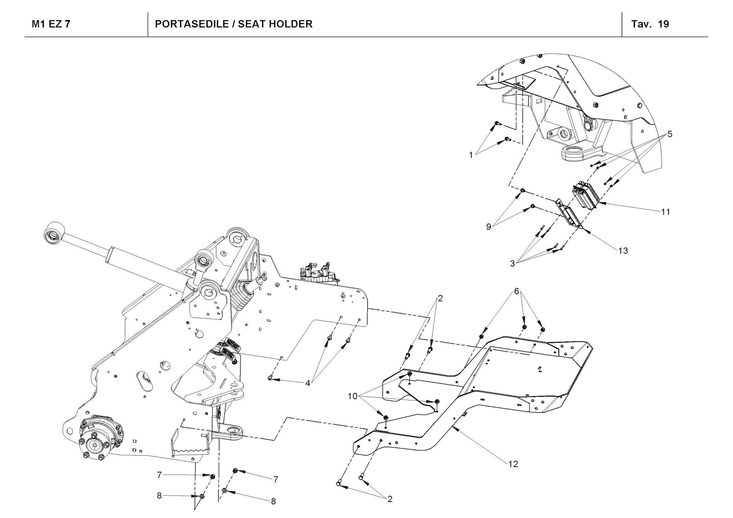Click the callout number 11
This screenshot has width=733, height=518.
tap(666, 212)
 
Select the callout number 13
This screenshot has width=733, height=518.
tap(623, 251)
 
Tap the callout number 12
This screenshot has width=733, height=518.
tap(513, 464)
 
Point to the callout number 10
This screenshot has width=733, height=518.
tap(353, 396)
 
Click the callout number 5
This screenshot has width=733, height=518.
tap(670, 134)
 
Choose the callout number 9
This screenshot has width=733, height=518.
tap(489, 227)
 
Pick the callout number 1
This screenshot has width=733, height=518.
tap(471, 155)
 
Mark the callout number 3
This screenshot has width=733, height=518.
tap(512, 263)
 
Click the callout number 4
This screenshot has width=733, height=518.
tap(308, 383)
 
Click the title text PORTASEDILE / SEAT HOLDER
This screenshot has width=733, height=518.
tap(233, 24)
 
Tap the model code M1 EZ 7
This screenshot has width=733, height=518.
tap(51, 24)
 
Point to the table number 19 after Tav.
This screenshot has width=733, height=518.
tap(663, 24)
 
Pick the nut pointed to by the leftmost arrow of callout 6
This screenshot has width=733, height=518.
tap(482, 336)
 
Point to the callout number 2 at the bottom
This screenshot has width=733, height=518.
tap(390, 499)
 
